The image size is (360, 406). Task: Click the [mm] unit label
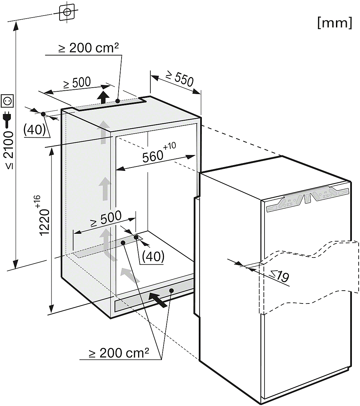(335, 23)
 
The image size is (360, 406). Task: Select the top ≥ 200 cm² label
(89, 48)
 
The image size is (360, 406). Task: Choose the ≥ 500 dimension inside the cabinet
(106, 218)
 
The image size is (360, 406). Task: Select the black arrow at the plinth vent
(158, 300)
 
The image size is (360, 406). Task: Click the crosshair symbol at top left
(67, 12)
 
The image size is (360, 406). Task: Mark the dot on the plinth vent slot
(171, 290)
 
